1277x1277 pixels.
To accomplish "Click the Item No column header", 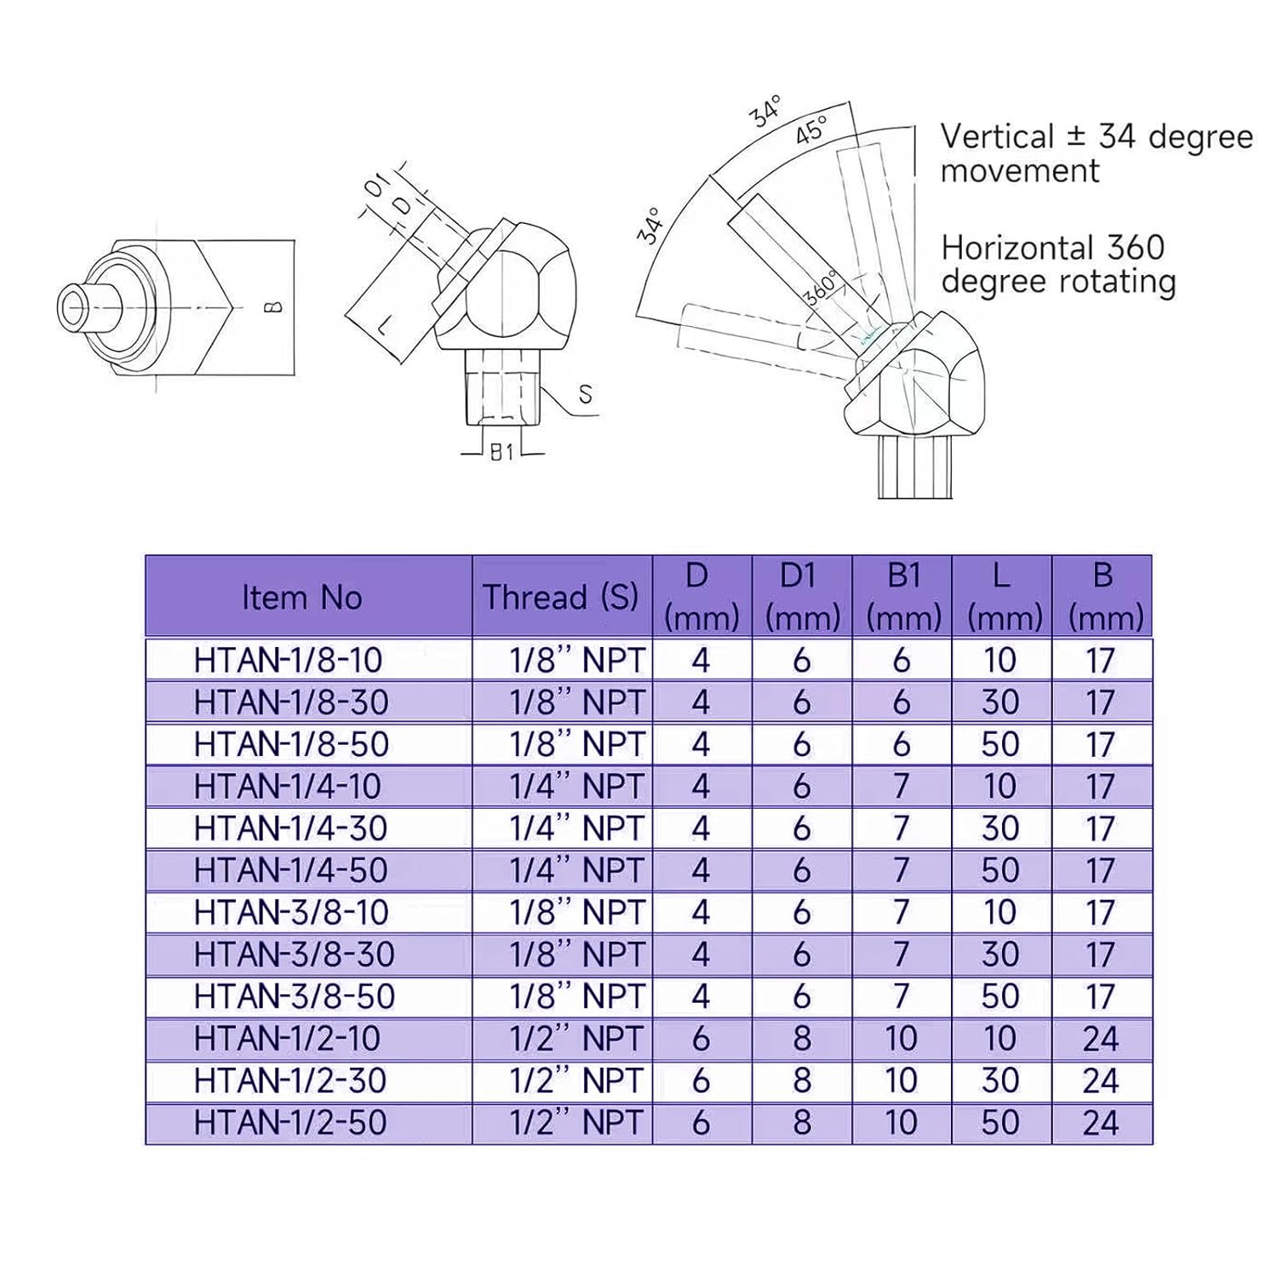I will tap(302, 598).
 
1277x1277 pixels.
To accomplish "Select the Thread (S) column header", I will tap(561, 598).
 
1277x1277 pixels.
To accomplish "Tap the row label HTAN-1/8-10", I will tap(288, 661).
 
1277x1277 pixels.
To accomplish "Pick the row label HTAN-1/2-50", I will tap(290, 1123).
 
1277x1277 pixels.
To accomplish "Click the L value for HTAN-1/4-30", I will tap(1000, 828).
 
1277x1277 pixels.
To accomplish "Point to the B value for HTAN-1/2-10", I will tap(1101, 1039).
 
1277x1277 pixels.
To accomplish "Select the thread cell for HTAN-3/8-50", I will tap(576, 996).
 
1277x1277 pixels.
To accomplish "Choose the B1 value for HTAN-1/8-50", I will tap(902, 744).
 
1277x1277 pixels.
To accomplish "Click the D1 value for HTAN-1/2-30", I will tap(801, 1081).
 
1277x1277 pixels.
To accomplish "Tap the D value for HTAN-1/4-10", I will tap(701, 787).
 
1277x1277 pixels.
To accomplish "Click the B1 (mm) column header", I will tap(902, 598).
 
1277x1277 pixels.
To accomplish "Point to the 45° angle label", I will tap(811, 130).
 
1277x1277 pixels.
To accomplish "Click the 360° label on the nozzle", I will tap(821, 288).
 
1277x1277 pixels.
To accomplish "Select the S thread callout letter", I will tap(585, 394).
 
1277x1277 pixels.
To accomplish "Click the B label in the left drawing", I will tap(273, 306).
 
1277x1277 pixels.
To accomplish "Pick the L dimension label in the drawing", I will tap(385, 324).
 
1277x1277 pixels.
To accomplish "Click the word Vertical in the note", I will tap(997, 137).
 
